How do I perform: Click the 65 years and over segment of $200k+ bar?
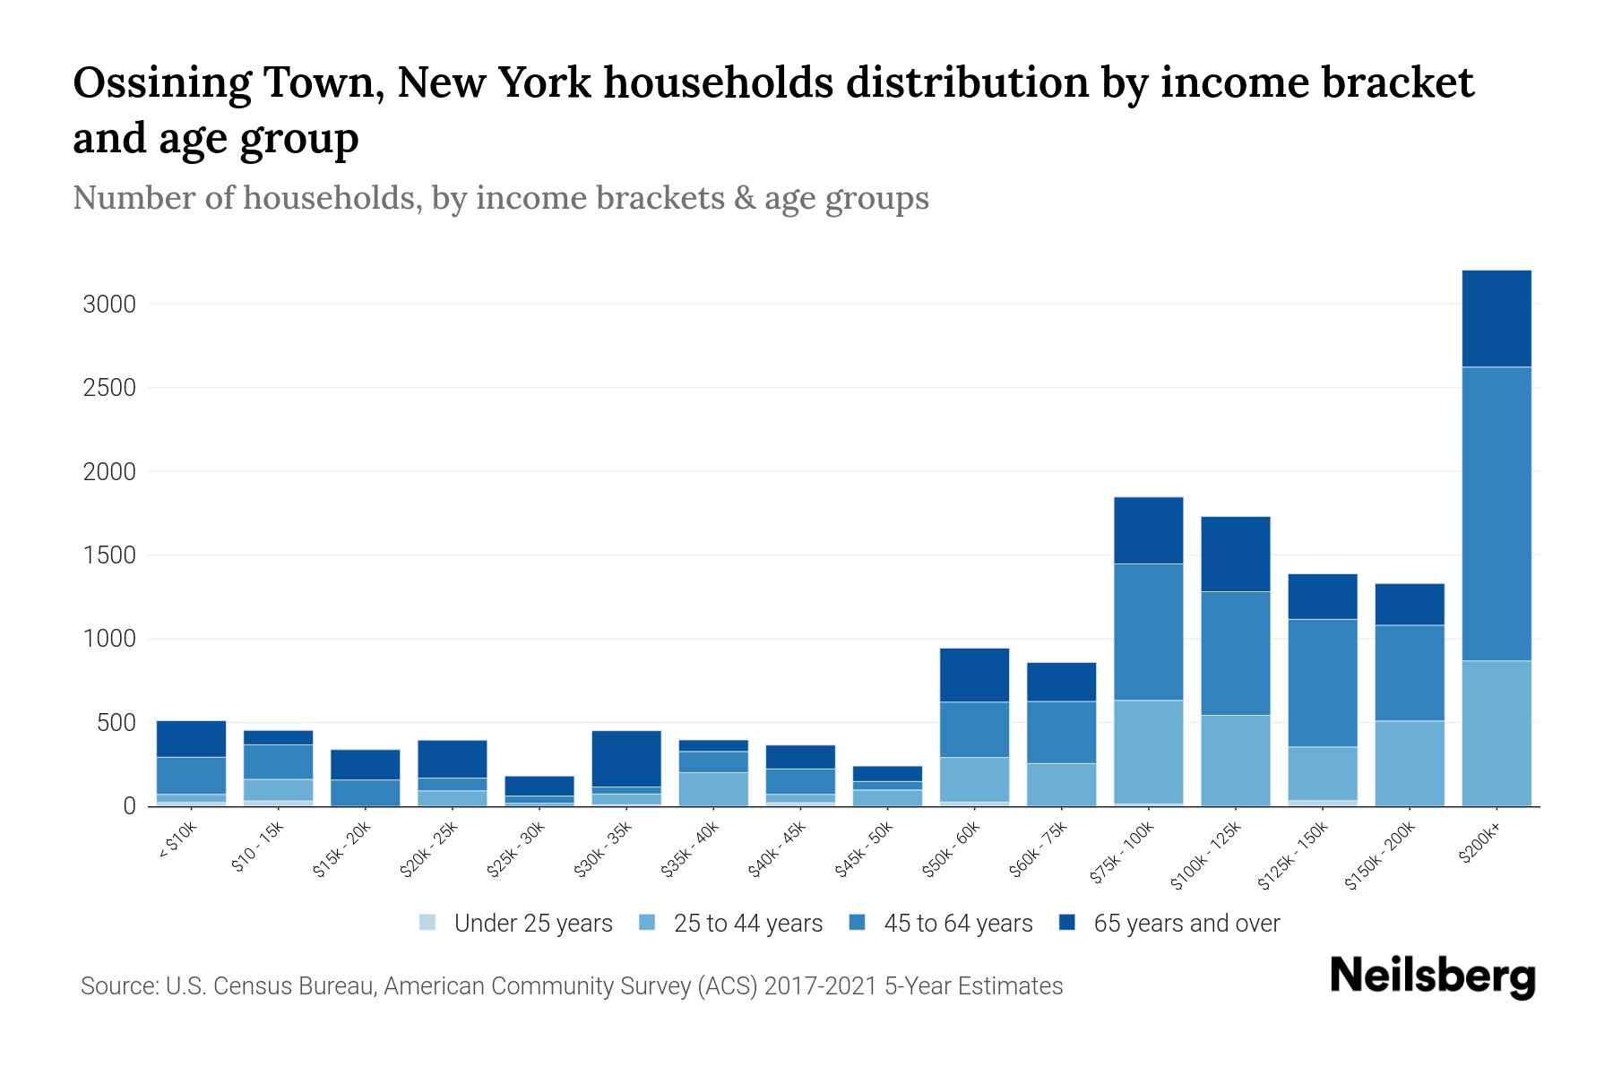point(1496,318)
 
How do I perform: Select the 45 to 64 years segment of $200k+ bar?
point(1496,513)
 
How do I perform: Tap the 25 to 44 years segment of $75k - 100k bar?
point(1148,752)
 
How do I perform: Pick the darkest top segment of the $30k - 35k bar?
point(626,758)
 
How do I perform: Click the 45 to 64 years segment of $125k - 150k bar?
point(1322,683)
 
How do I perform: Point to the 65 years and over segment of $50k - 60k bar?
point(974,675)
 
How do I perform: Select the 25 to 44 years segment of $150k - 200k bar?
point(1409,762)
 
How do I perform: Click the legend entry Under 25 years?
point(532,924)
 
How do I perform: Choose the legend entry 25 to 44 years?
point(747,924)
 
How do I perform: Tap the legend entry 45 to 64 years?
point(957,924)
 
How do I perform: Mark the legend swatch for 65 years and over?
point(1067,923)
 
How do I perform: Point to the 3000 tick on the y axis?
point(109,305)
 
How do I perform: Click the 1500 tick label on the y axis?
point(109,555)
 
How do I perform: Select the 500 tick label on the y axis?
point(116,723)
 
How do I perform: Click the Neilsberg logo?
point(1432,976)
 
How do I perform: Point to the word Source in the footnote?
point(118,986)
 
